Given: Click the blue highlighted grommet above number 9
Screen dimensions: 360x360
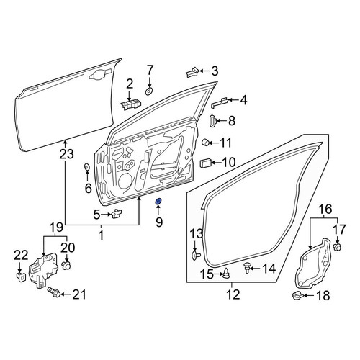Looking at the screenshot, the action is (158, 202).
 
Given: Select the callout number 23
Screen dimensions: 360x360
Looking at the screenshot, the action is (67, 154).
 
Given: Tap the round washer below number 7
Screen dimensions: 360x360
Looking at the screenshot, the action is (150, 91).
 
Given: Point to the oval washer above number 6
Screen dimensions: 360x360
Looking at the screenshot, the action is (86, 166).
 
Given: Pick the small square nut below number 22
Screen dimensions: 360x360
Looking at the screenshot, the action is (21, 277).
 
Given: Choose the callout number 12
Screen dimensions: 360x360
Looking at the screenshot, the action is (233, 294).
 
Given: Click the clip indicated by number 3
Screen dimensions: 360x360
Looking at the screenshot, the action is (192, 72).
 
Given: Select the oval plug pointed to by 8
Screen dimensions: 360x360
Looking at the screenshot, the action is (212, 121).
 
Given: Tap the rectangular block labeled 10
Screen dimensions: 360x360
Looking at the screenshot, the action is (205, 163).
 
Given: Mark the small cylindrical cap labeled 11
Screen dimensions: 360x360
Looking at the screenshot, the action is (206, 142).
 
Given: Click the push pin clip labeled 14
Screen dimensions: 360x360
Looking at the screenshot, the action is (247, 267).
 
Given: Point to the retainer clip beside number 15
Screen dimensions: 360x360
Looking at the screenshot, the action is (226, 274).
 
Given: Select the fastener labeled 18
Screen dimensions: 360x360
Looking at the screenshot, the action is (297, 295).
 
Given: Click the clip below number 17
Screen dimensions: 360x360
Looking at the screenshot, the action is (337, 247).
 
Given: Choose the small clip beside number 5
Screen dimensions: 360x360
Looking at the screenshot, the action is (117, 213).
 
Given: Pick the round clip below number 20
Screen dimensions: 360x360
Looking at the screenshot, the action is (66, 266).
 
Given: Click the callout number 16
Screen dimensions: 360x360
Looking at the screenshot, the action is (325, 209).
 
